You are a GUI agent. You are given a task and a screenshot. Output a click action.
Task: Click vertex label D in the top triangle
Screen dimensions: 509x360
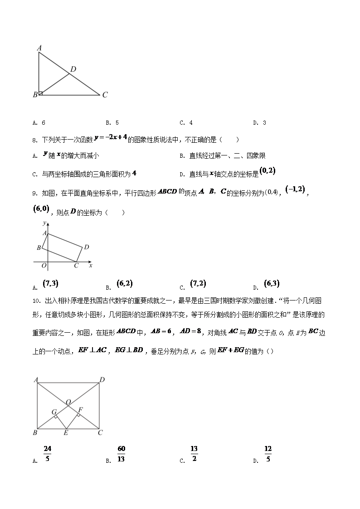[73, 69]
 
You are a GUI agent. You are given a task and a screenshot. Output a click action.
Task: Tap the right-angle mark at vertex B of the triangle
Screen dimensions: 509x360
[41, 93]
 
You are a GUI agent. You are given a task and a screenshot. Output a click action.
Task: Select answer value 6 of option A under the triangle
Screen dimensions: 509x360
[44, 123]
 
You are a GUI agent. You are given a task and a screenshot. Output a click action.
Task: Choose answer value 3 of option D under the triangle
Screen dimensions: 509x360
[264, 123]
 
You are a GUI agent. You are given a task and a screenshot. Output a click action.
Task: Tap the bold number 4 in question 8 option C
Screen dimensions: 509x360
[135, 173]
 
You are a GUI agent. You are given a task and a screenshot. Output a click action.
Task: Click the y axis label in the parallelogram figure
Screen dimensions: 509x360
[44, 223]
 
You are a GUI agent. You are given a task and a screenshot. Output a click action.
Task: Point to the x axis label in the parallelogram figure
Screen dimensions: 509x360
[91, 266]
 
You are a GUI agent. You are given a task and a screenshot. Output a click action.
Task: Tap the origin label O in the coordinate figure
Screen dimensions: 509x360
[44, 266]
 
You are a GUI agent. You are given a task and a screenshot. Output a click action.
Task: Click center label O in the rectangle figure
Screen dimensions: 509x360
[68, 402]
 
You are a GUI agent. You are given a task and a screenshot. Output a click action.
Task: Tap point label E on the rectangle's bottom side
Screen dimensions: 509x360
[66, 433]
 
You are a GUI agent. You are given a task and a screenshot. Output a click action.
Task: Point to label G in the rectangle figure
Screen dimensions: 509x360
[54, 412]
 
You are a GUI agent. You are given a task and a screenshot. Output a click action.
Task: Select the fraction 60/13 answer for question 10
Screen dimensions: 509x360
[121, 454]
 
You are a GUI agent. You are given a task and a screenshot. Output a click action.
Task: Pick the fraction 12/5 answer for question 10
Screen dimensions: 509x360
[268, 454]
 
